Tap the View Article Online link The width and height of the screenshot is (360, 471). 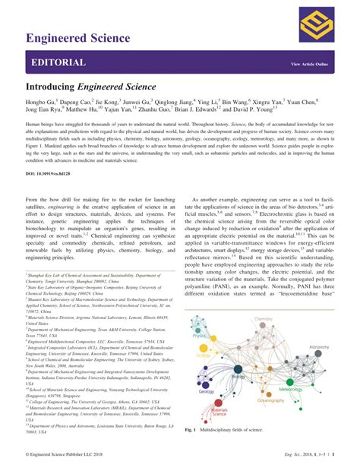[x=310, y=64]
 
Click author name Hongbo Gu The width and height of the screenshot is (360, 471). [x=40, y=102]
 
